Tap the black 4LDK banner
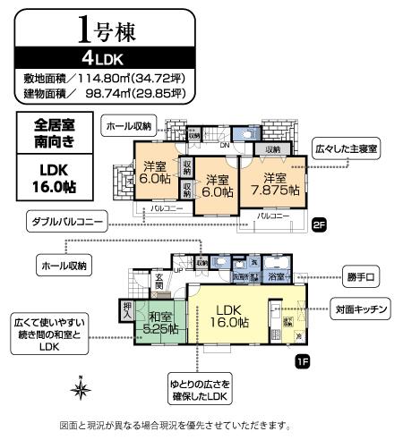pos(105,60)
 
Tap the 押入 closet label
pos(127,310)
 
